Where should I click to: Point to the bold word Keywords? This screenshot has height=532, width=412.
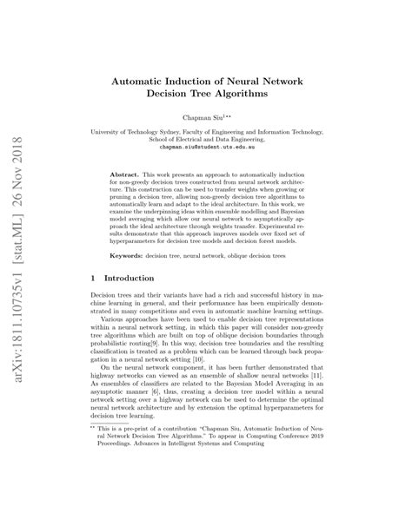pos(138,280)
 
